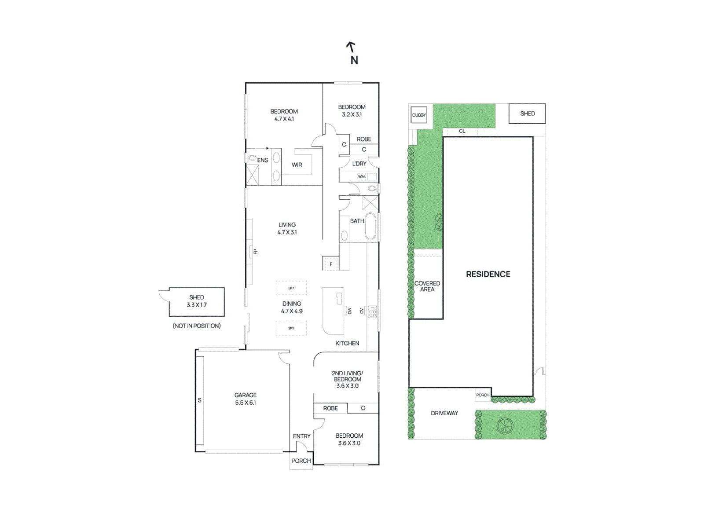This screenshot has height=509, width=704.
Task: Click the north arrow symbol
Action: (351, 46)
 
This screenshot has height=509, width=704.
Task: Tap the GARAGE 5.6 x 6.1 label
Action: (245, 399)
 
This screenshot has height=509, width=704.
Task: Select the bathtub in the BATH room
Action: (370, 227)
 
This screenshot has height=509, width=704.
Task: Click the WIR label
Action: (297, 165)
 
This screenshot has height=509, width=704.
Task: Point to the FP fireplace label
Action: (255, 252)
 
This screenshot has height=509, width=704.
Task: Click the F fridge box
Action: (330, 264)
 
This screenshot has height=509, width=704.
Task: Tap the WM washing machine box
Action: (361, 176)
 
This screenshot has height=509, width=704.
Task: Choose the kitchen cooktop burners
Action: (372, 311)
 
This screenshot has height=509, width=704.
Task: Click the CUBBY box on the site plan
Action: (418, 115)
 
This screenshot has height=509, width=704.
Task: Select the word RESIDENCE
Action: (488, 274)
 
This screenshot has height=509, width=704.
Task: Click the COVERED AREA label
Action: (427, 286)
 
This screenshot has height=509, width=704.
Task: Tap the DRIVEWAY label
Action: (444, 413)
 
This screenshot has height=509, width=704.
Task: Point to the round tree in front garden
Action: (505, 425)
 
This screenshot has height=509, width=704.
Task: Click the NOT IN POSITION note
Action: (197, 326)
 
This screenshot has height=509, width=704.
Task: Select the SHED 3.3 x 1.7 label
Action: (197, 301)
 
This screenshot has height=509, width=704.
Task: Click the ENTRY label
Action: (301, 436)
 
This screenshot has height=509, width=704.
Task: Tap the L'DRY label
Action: (359, 164)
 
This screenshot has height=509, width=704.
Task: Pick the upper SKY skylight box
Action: (291, 288)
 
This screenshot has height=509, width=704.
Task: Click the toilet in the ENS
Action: (251, 157)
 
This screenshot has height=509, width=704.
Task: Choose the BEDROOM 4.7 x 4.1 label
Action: (284, 115)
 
